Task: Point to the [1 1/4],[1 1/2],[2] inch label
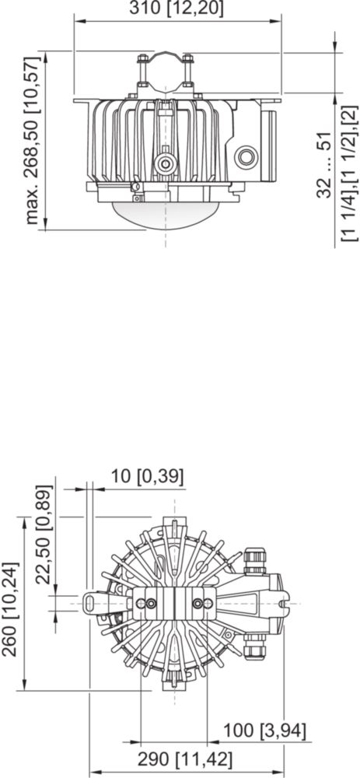[349, 173]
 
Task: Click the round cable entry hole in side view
[246, 158]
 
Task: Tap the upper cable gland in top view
[255, 561]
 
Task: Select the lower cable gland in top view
[255, 647]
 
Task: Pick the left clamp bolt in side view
[142, 71]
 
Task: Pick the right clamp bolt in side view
[188, 71]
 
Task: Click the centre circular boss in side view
[165, 163]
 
